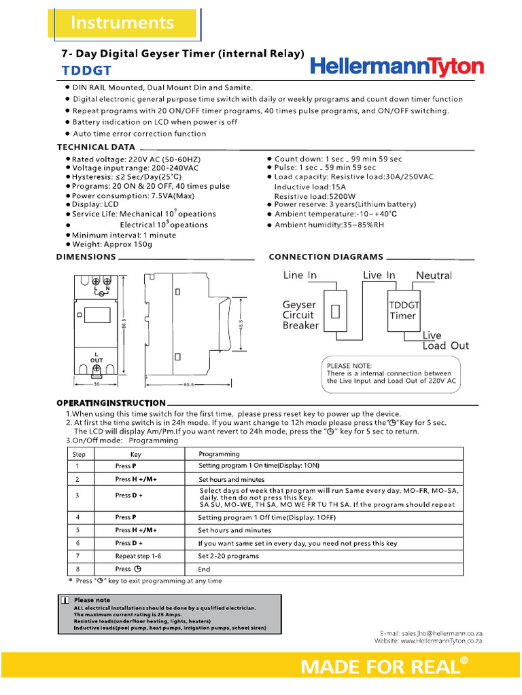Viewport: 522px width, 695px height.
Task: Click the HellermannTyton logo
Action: tap(397, 67)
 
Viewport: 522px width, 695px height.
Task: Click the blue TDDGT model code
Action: tap(87, 71)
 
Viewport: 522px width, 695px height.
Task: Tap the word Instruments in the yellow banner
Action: tap(122, 22)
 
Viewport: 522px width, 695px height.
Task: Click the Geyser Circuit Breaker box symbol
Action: tap(335, 312)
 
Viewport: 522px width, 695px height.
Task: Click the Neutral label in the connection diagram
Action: tap(434, 276)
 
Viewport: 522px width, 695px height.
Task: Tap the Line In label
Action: tap(300, 276)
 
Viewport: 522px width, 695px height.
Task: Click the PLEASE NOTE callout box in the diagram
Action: tap(389, 373)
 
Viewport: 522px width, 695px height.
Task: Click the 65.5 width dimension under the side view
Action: tap(188, 385)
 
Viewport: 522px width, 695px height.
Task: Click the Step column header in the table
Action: tap(79, 454)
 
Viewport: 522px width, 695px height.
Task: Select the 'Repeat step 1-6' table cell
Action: tap(138, 556)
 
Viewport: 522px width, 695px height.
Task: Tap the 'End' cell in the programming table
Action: tap(205, 569)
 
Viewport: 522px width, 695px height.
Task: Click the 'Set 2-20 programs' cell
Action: tap(228, 556)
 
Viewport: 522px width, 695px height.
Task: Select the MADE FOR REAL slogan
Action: tap(380, 667)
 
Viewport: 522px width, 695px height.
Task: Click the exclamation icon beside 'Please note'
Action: tap(64, 600)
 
